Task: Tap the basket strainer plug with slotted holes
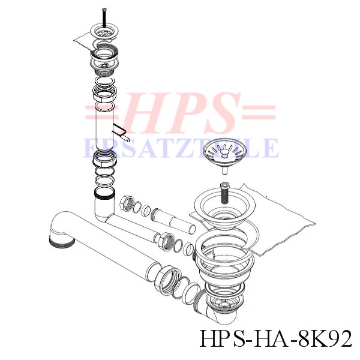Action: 224,152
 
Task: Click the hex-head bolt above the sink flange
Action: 223,193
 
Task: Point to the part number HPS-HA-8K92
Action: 276,339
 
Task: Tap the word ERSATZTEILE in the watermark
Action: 181,148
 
